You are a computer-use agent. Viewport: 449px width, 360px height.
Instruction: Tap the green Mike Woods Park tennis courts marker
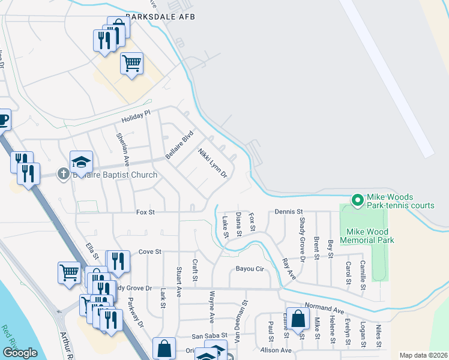pyautogui.click(x=358, y=200)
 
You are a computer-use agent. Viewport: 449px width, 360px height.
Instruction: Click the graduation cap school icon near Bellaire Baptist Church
pyautogui.click(x=82, y=162)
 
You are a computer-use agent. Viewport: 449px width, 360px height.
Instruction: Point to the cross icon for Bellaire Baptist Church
pyautogui.click(x=64, y=175)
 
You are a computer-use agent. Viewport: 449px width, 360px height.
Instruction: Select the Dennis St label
pyautogui.click(x=289, y=212)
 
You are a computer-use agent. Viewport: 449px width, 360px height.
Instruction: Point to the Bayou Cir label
pyautogui.click(x=250, y=269)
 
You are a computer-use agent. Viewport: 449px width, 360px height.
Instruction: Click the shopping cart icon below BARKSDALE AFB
pyautogui.click(x=131, y=62)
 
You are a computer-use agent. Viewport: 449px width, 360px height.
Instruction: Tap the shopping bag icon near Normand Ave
pyautogui.click(x=298, y=318)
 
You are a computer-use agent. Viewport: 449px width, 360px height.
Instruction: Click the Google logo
pyautogui.click(x=20, y=353)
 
